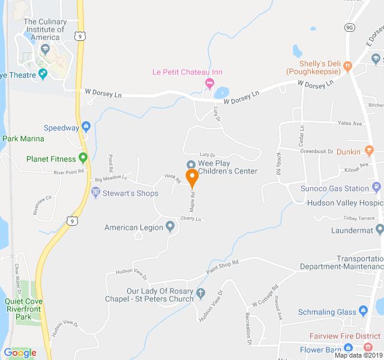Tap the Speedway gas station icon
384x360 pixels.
[86, 127]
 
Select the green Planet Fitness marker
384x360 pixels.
[83, 158]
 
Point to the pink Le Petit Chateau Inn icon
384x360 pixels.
[209, 82]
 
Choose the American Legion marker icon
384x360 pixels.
[170, 227]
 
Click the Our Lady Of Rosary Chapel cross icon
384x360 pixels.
[200, 293]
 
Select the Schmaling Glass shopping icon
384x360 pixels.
[362, 311]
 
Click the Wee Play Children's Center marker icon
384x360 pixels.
[191, 164]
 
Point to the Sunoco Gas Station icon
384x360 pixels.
[376, 188]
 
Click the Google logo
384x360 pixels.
[20, 353]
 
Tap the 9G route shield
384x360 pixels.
[350, 27]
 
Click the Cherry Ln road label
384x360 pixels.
[191, 219]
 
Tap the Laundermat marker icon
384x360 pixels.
[379, 229]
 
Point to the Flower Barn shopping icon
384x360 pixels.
[348, 349]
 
